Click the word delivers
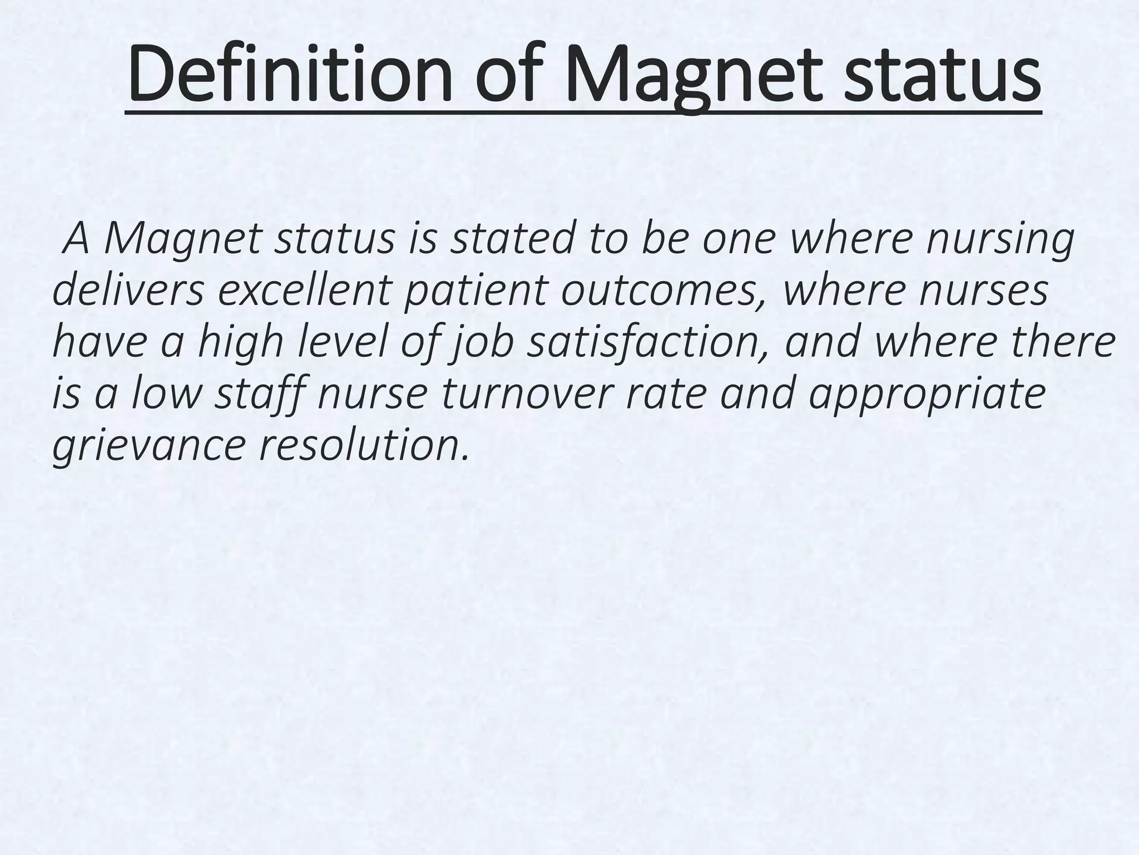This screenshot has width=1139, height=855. pos(128,291)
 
